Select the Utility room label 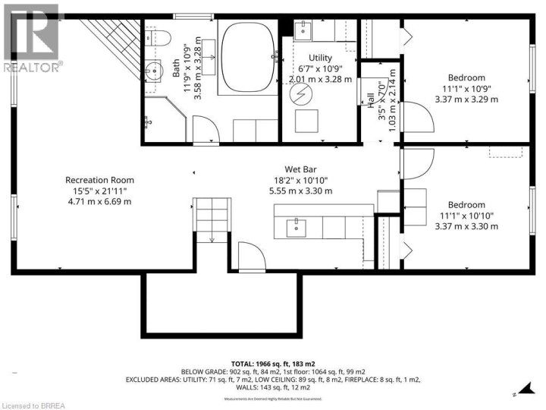pyautogui.click(x=321, y=58)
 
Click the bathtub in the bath pyautogui.click(x=249, y=58)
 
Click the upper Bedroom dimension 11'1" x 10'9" pyautogui.click(x=466, y=88)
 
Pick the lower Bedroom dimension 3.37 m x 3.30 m pyautogui.click(x=466, y=226)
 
